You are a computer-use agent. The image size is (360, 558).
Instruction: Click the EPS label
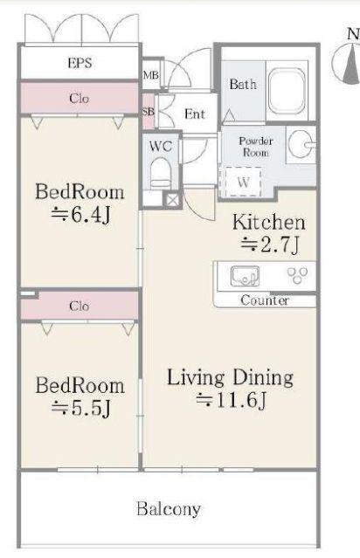tap(80, 63)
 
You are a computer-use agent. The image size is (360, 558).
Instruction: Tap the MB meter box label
tap(150, 75)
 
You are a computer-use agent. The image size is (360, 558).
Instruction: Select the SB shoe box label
tap(149, 112)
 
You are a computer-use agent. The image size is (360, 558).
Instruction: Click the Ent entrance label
tap(195, 114)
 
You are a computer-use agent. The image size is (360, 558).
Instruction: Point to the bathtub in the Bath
tap(287, 89)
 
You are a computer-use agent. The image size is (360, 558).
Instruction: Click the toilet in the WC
tap(161, 174)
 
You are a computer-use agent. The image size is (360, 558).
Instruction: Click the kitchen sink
tap(245, 276)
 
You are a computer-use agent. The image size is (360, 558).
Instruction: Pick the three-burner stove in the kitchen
tap(297, 275)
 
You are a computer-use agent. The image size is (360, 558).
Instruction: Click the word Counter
tap(265, 300)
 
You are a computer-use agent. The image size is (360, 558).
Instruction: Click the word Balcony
tap(169, 509)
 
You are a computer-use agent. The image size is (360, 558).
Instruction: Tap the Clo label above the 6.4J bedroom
tap(79, 98)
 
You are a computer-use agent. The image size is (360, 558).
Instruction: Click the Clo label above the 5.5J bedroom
tap(79, 306)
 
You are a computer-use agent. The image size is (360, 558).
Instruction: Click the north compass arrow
tap(351, 65)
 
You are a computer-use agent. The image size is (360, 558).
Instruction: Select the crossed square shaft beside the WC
tap(171, 200)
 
